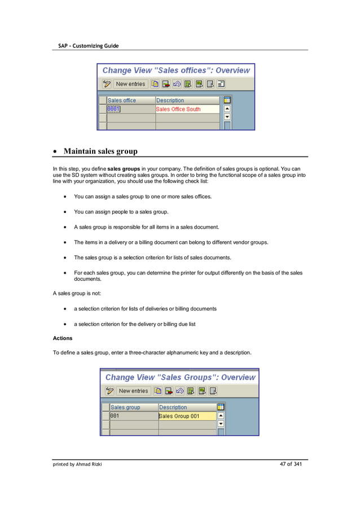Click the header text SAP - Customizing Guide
pyautogui.click(x=88, y=45)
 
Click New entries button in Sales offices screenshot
pyautogui.click(x=130, y=84)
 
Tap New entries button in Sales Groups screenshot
pyautogui.click(x=133, y=391)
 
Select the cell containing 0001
pyautogui.click(x=115, y=109)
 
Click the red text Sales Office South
pyautogui.click(x=178, y=109)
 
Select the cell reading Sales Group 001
pyautogui.click(x=179, y=416)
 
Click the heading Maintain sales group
pyautogui.click(x=100, y=151)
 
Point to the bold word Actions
pyautogui.click(x=62, y=338)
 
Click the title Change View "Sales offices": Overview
pyautogui.click(x=176, y=71)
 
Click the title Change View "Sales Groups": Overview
pyautogui.click(x=180, y=377)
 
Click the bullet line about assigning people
pyautogui.click(x=121, y=212)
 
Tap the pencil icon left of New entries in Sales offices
pyautogui.click(x=107, y=84)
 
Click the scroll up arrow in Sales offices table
pyautogui.click(x=227, y=109)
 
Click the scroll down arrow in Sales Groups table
pyautogui.click(x=221, y=424)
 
